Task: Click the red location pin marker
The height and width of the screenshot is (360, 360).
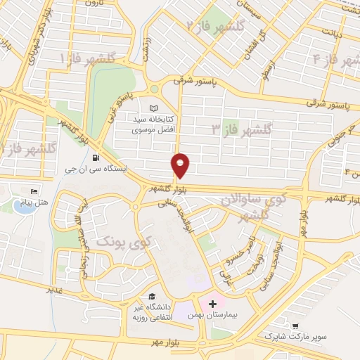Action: click(181, 165)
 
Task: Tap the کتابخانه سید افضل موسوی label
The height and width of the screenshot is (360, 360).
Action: click(156, 124)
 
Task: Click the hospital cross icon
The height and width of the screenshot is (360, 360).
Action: click(212, 304)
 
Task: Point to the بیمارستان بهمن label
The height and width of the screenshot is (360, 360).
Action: click(210, 316)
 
